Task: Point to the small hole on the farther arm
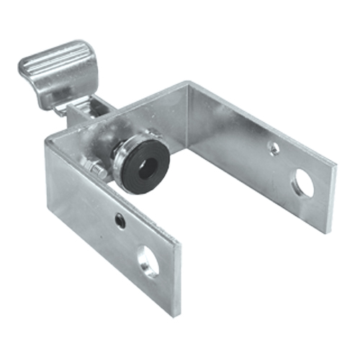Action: click(x=274, y=148)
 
